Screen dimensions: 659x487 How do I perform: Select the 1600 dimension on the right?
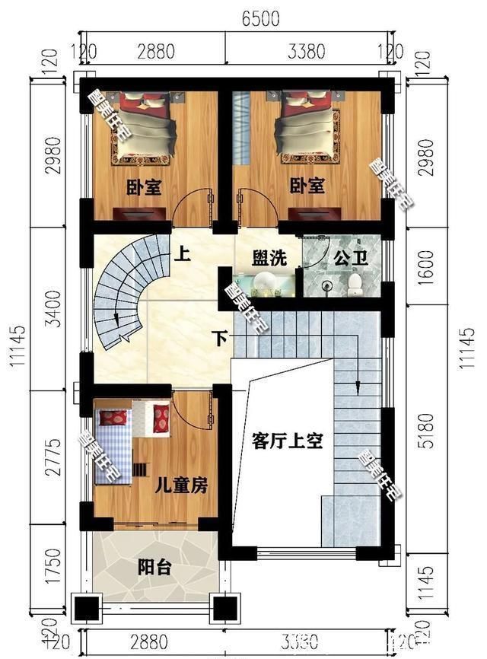[x=425, y=263]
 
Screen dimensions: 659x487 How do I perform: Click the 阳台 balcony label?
[x=154, y=567]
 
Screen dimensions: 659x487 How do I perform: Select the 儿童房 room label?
[x=182, y=485]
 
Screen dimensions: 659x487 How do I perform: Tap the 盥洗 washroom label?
[x=269, y=257]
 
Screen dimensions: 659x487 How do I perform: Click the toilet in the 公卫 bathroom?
[x=355, y=283]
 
